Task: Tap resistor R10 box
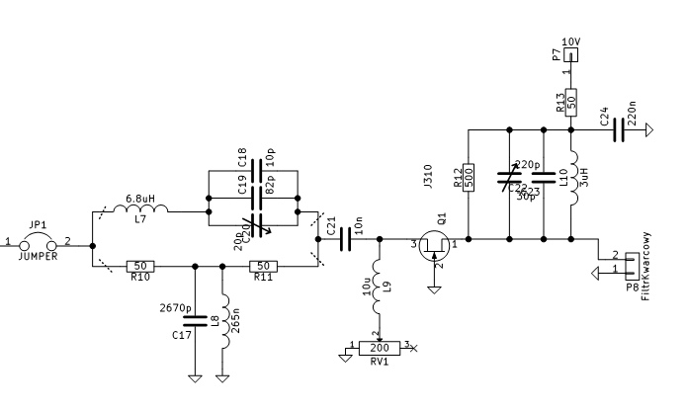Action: pos(141,266)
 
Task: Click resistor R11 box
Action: pos(262,266)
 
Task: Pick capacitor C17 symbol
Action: pos(195,317)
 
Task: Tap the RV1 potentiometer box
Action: pos(379,347)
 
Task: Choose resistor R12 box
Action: pos(471,178)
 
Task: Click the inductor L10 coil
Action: pos(574,182)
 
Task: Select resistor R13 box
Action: pos(571,104)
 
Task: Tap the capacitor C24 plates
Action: pos(620,128)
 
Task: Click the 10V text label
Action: pos(570,41)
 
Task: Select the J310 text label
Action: pos(427,176)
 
